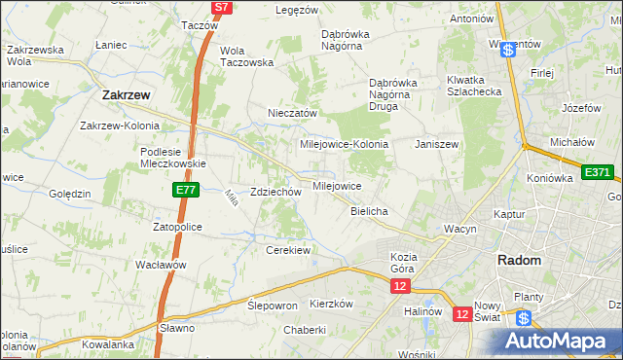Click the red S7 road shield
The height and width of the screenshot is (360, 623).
222,7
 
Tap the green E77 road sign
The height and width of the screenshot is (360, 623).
187,191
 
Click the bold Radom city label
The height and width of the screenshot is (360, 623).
519,260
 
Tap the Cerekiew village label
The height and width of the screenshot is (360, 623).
287,250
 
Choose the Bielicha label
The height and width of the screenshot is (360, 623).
369,211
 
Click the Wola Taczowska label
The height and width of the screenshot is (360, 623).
246,55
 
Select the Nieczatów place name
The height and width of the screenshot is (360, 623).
293,113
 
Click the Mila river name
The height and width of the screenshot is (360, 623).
231,198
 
